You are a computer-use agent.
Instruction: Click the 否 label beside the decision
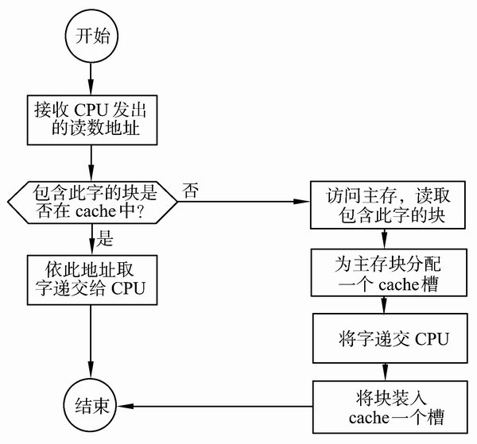190,190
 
